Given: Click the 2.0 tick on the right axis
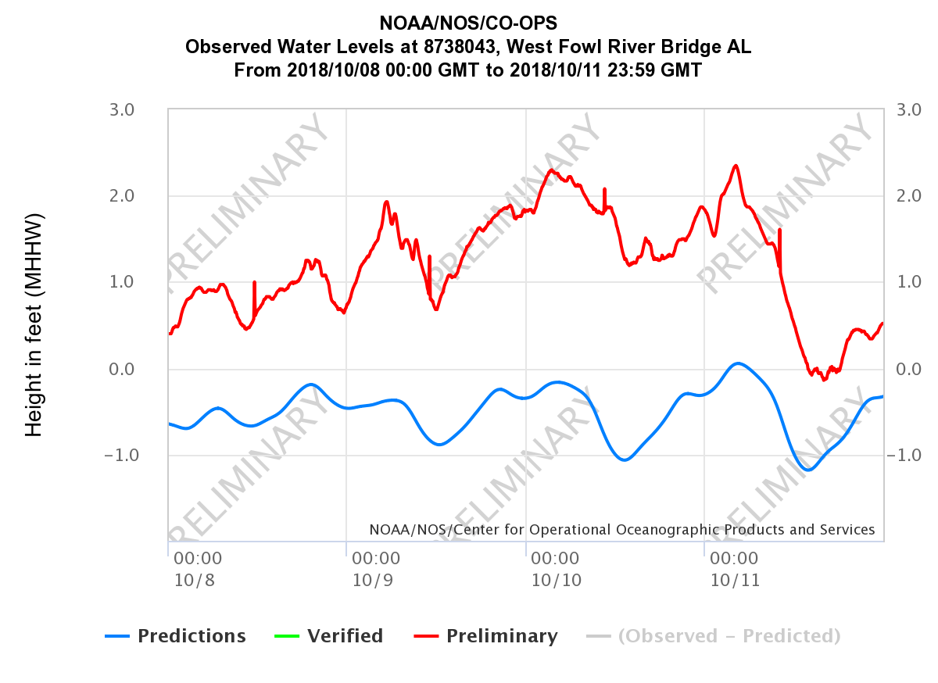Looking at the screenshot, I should (910, 195).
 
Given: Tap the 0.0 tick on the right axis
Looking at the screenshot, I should (910, 369).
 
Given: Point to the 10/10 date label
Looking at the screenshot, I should (556, 581).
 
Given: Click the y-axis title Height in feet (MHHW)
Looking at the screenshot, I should (34, 324).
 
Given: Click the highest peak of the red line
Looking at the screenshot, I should (736, 166).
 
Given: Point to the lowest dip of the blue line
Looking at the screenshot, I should (809, 470).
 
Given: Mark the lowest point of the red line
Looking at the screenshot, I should (825, 380).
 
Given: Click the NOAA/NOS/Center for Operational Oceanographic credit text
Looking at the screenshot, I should (622, 530).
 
